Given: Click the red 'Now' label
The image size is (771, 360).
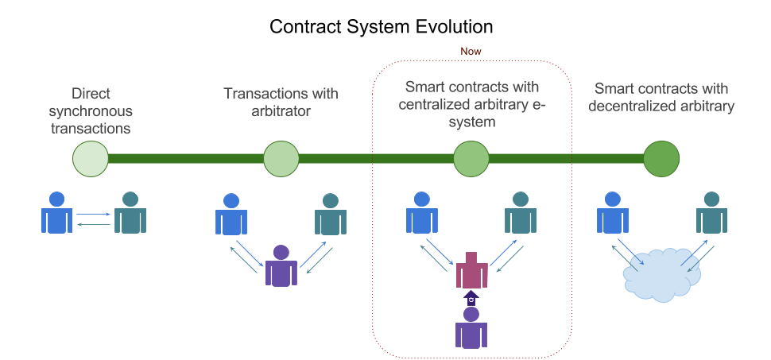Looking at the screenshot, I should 471,51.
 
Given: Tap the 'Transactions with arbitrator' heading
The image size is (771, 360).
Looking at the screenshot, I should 280,102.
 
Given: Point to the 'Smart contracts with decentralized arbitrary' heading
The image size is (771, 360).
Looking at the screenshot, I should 661,96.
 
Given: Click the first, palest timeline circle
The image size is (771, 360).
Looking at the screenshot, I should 90,158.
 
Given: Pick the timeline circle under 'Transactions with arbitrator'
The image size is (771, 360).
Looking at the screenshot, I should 281,158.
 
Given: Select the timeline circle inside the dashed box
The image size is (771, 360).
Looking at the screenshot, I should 471,158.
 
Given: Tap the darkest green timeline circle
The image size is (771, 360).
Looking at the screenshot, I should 661,158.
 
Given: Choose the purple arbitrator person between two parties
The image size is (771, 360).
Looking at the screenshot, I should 281,266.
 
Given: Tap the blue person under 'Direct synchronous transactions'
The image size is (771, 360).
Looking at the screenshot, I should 56,212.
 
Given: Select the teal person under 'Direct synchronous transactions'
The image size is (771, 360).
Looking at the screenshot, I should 130,212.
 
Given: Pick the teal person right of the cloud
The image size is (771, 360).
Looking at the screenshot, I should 712,212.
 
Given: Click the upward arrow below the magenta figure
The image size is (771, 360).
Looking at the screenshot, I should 471,298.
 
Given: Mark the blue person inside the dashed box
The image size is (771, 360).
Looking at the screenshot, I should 422,212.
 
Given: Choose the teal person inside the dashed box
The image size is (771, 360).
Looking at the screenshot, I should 521,212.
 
